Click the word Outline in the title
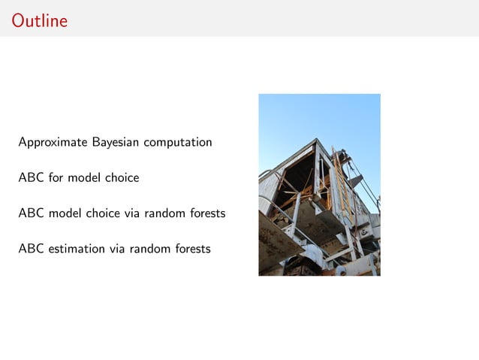39,21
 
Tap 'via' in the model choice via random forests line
133,213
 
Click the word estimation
77,248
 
